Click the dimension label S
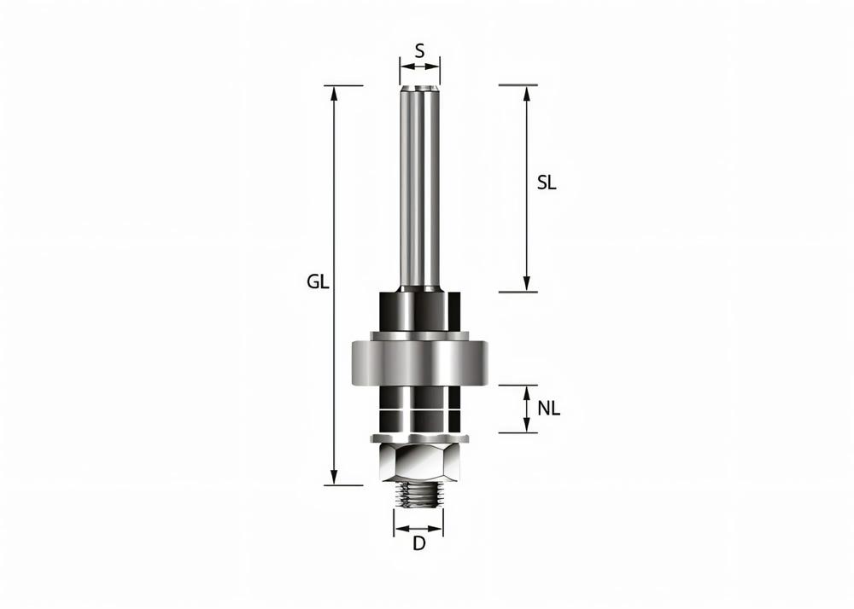tap(419, 50)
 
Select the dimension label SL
tap(547, 183)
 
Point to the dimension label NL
tap(549, 409)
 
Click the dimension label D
tap(418, 543)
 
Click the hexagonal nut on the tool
tap(418, 464)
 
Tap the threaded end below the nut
tap(418, 495)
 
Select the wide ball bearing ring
tap(418, 362)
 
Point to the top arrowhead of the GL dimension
tap(335, 91)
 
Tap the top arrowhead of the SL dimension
tap(527, 91)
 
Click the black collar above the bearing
tap(418, 311)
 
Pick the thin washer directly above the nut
tap(418, 438)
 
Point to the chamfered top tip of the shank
tap(419, 88)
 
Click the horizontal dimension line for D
tap(418, 524)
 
